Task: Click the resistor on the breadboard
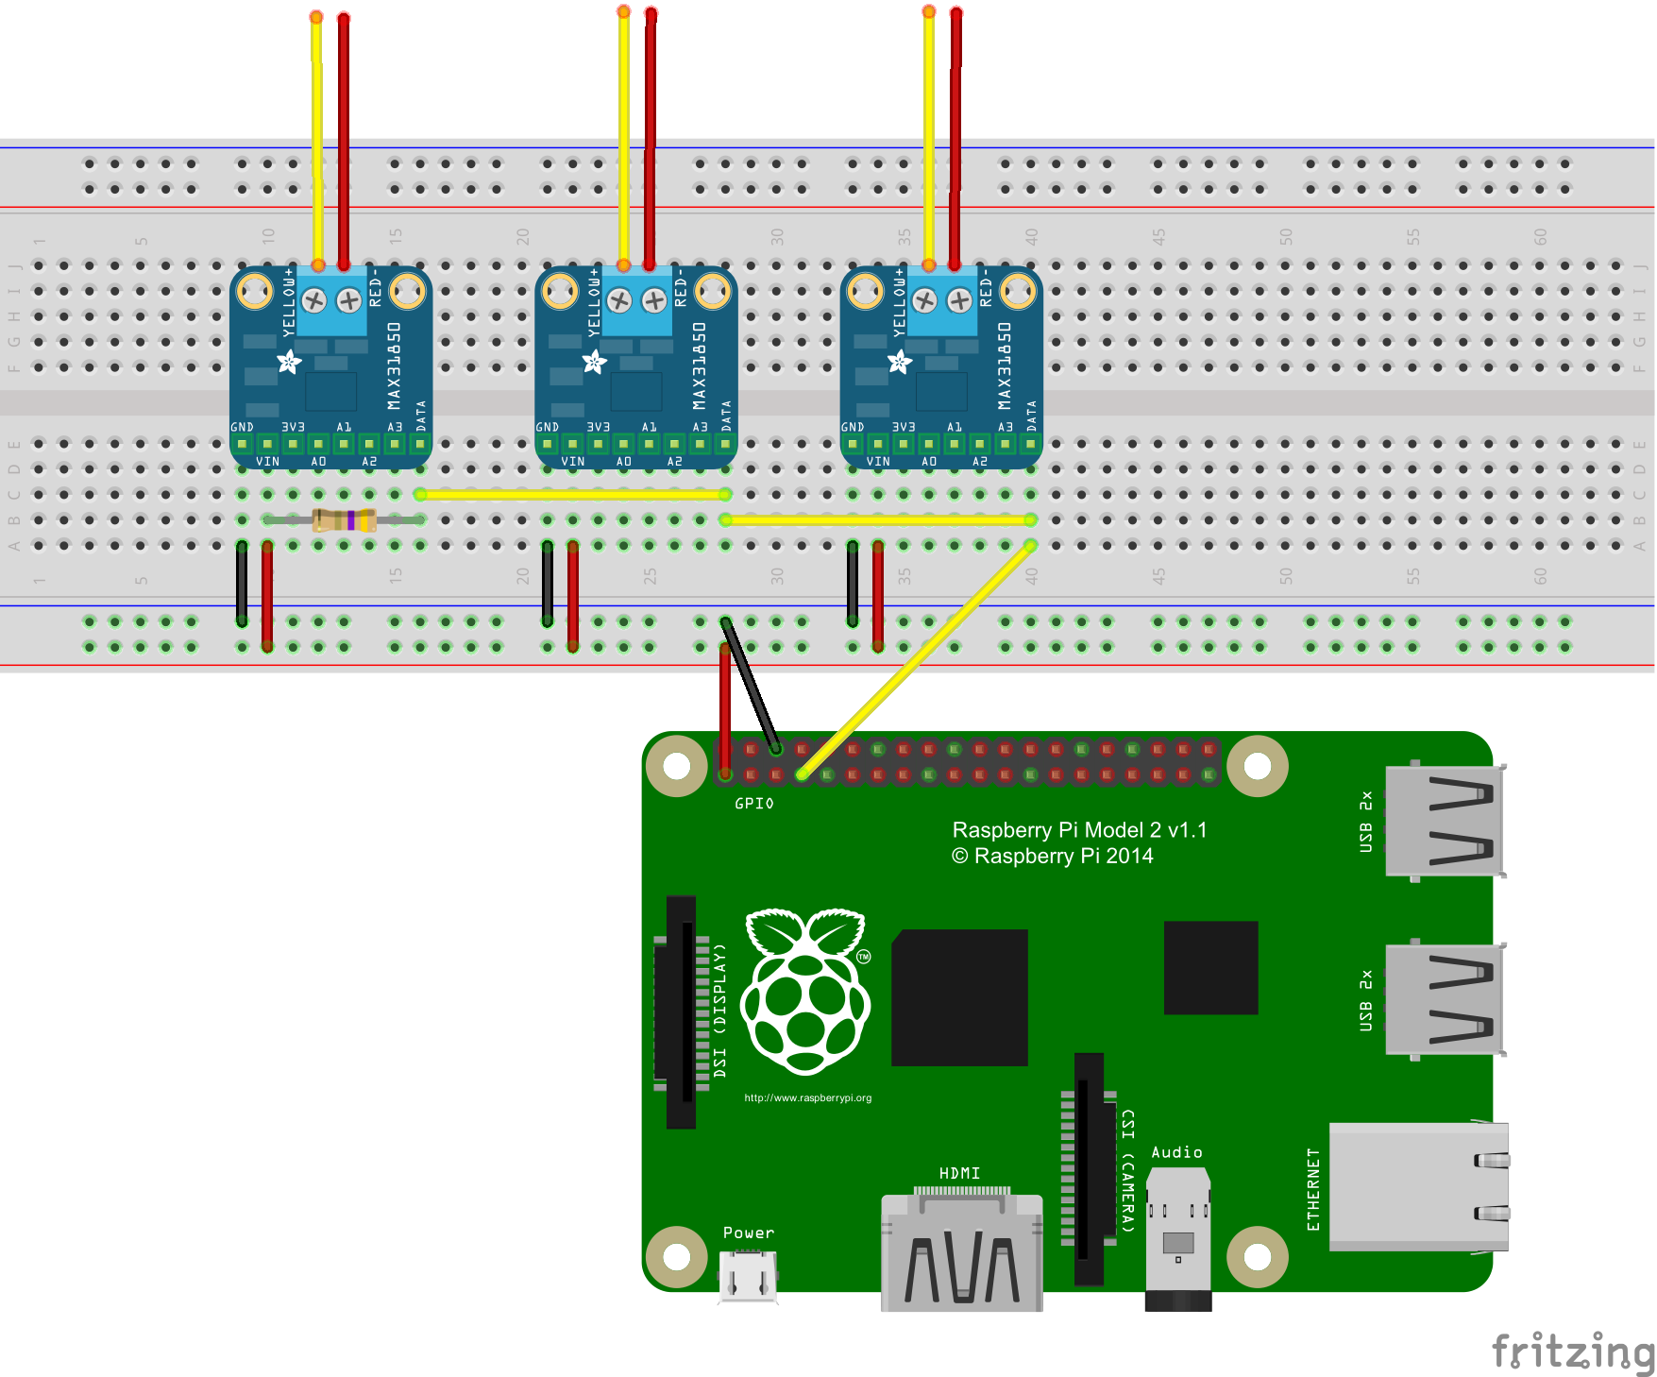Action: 345,519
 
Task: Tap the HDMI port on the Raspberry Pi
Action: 961,1251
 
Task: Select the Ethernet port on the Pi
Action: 1416,1187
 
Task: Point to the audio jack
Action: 1177,1237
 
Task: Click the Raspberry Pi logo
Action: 805,991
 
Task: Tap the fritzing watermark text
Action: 1572,1351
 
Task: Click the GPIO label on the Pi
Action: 754,804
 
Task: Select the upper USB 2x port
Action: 1444,820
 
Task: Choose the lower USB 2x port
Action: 1444,998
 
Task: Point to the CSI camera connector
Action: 1089,1168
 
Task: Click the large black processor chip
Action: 959,997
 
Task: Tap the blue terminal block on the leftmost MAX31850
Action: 331,300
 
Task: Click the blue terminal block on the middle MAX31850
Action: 636,300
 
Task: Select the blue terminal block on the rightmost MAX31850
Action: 942,300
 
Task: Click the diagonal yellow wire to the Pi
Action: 916,659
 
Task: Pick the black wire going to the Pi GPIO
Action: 751,685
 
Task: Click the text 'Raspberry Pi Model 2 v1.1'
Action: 1079,830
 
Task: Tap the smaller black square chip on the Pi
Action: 1210,967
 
